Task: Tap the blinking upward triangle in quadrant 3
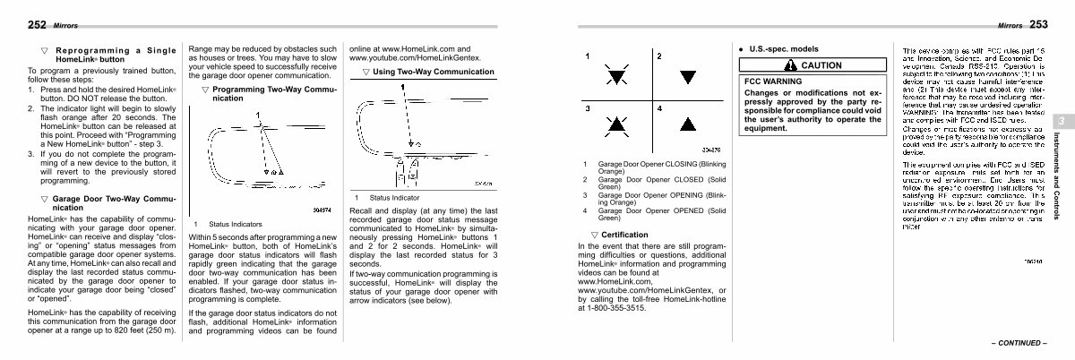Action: pyautogui.click(x=616, y=124)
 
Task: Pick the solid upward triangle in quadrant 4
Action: pyautogui.click(x=688, y=124)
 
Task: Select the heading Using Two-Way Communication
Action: pyautogui.click(x=420, y=72)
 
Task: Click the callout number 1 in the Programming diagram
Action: pyautogui.click(x=258, y=115)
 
